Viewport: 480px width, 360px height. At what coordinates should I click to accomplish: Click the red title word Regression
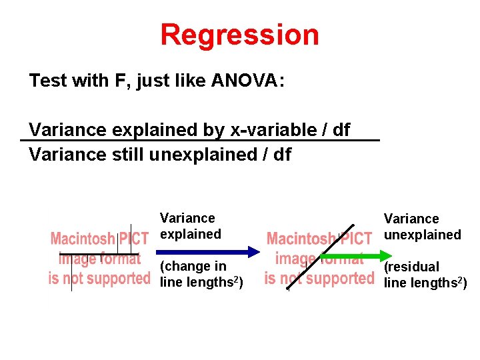[239, 35]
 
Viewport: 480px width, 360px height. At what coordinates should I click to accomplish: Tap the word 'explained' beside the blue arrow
[190, 234]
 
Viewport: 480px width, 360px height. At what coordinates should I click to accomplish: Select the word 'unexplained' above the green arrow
[422, 235]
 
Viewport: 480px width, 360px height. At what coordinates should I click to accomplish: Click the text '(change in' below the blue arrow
[184, 267]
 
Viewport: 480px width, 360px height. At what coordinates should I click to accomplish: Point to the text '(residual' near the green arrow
[411, 267]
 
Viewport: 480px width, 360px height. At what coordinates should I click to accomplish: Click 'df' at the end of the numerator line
[341, 129]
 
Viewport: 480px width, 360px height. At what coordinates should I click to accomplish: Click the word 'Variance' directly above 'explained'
[187, 218]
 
